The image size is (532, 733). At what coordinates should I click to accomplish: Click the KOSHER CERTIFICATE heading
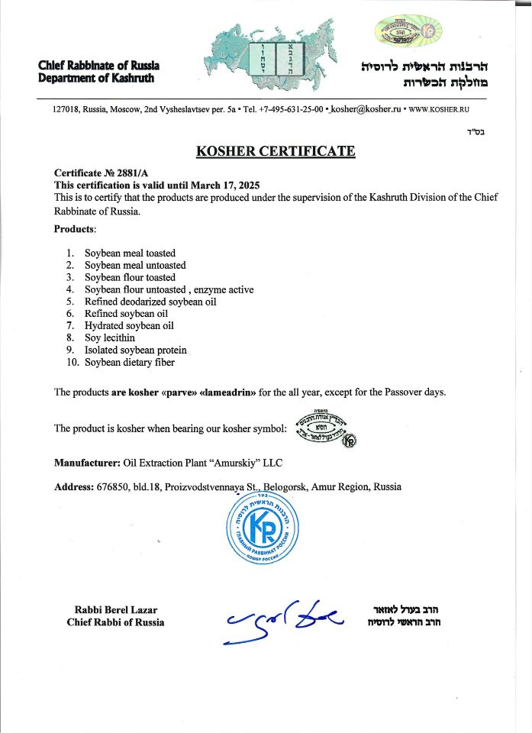coord(276,151)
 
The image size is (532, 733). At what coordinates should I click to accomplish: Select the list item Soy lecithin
coord(110,337)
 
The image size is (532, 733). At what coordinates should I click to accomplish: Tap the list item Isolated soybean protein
coord(135,350)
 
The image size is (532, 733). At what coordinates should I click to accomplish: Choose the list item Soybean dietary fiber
coord(129,362)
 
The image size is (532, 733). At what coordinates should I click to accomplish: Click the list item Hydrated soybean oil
coord(129,325)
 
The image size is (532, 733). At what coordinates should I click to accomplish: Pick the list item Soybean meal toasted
coord(130,253)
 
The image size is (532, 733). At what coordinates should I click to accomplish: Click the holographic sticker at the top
coord(408,31)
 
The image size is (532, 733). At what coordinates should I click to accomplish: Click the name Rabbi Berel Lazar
coord(116,609)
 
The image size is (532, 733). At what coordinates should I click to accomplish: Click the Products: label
coord(75,229)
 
